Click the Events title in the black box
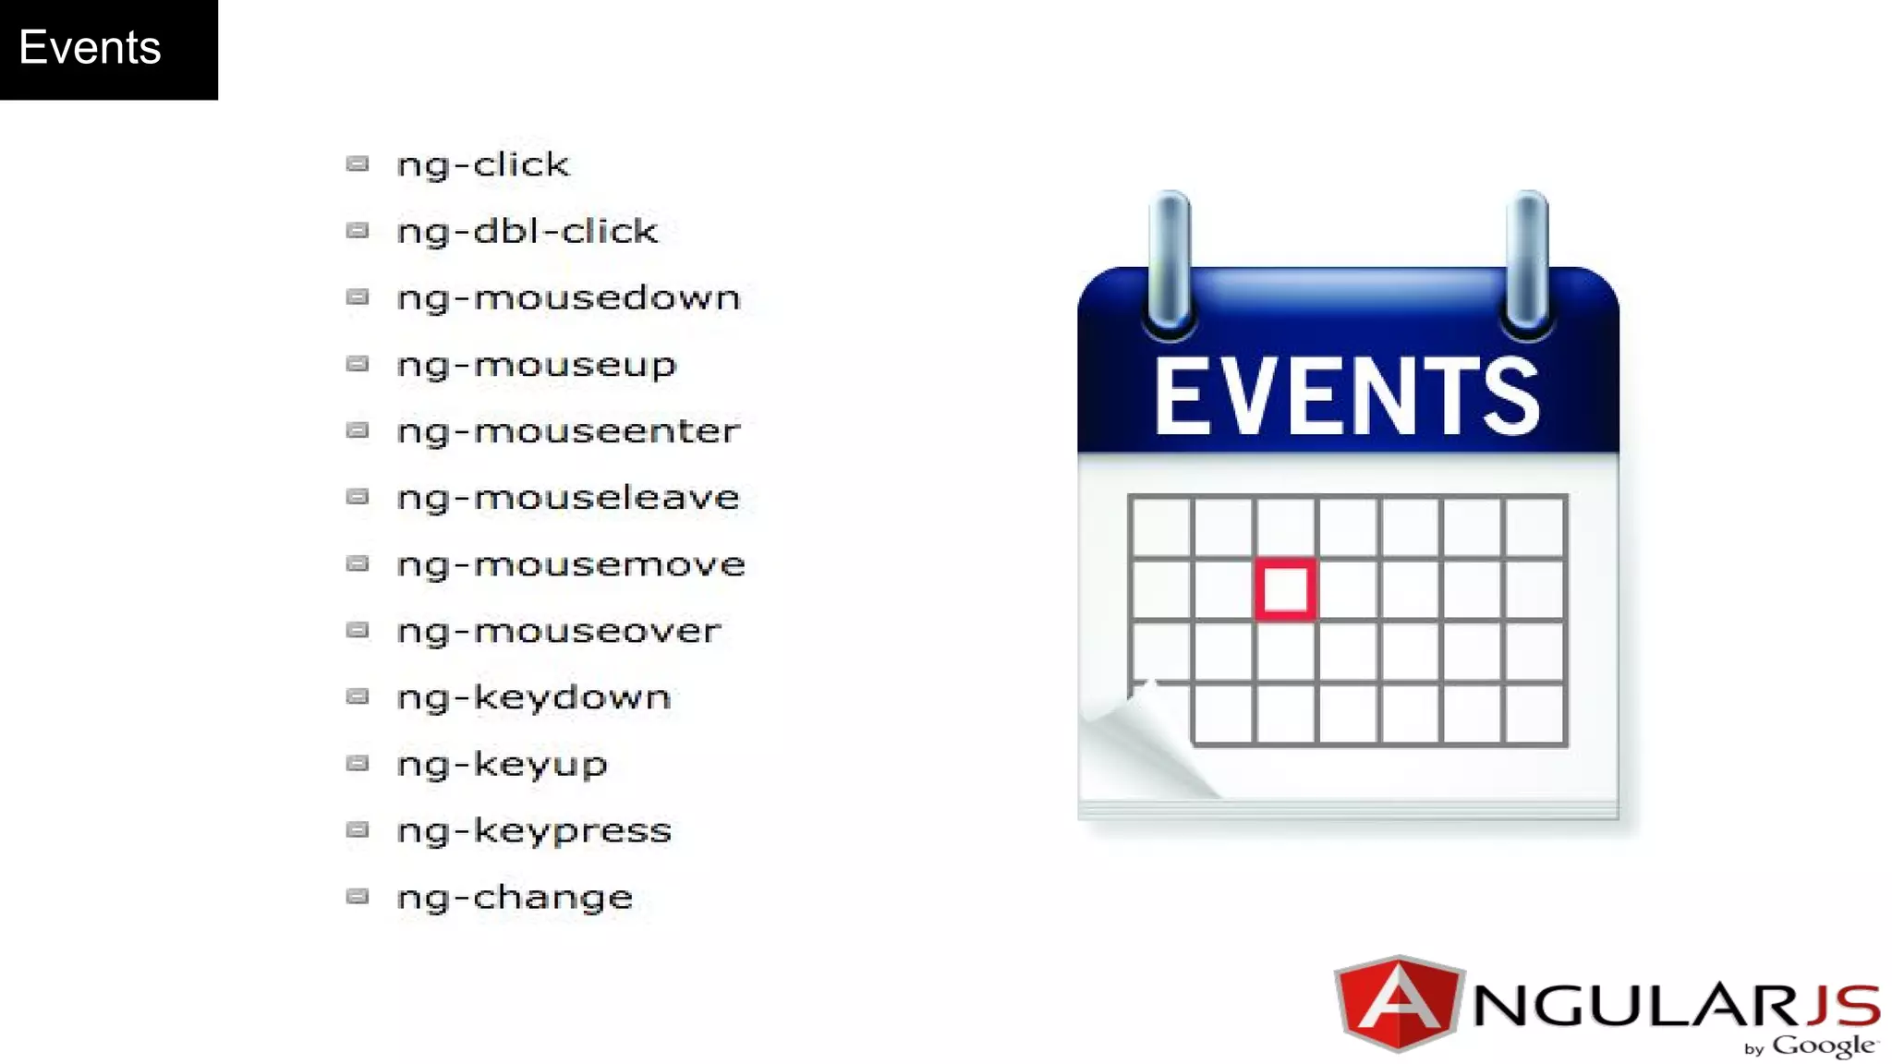(90, 48)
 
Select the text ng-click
(483, 165)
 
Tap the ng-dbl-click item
(527, 232)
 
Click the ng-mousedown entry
(568, 298)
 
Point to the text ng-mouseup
(536, 366)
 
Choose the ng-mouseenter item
(568, 431)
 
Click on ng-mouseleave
(568, 498)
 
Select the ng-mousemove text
(571, 564)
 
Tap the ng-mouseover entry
(558, 631)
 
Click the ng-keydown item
(533, 698)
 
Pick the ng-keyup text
(502, 765)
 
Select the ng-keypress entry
(534, 831)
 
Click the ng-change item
(515, 898)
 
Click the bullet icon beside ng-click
(358, 164)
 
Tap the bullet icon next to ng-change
(358, 896)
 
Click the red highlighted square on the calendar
(1285, 589)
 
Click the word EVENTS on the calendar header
(1347, 397)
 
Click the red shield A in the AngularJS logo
(1399, 1003)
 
